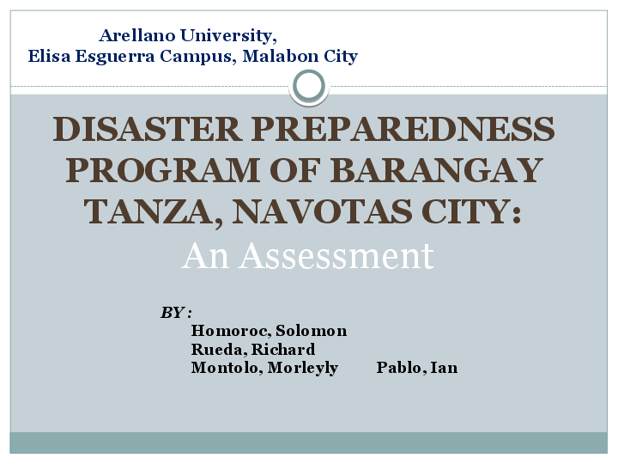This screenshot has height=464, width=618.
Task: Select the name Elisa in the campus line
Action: [48, 57]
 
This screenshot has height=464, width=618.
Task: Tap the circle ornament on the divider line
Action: [309, 86]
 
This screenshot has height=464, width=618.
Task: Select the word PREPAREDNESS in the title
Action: [403, 130]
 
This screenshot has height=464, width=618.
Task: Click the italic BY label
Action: [175, 312]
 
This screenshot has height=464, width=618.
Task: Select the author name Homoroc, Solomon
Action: [269, 331]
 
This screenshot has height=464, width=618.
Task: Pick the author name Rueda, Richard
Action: [252, 350]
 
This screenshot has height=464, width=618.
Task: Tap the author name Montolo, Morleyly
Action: [264, 368]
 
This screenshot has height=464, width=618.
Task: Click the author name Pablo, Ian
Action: [417, 368]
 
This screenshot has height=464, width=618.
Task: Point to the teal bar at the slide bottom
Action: [309, 443]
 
